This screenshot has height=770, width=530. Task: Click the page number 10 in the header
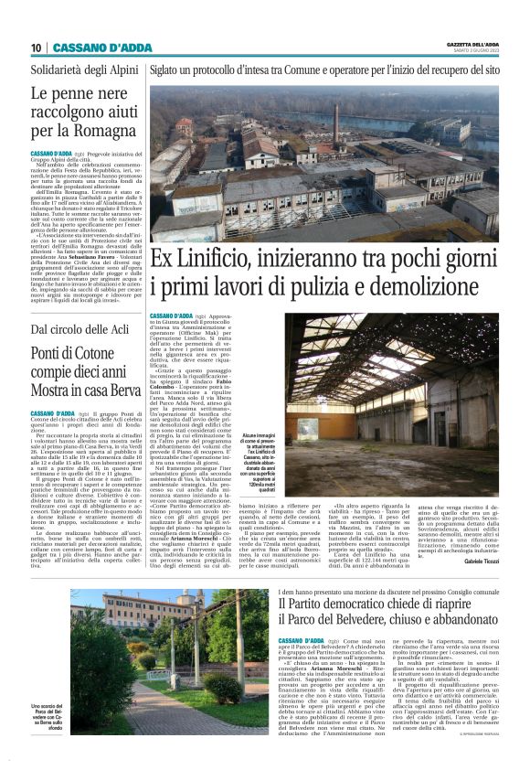click(36, 47)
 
